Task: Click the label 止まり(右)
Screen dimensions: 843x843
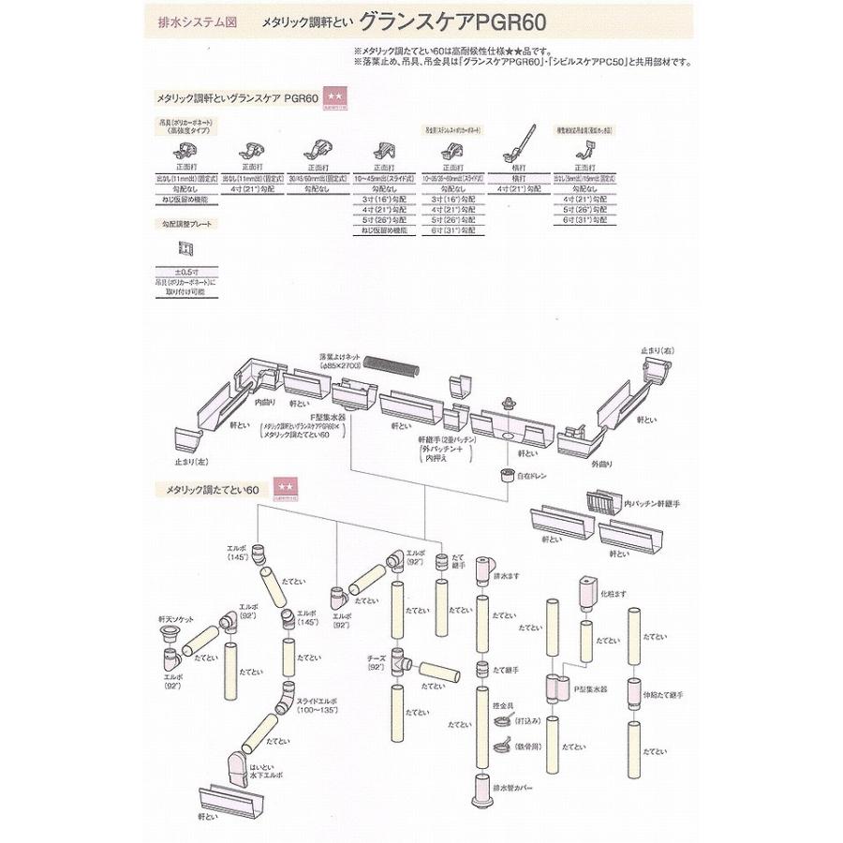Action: (x=658, y=348)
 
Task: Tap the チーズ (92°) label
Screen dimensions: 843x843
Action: (x=378, y=662)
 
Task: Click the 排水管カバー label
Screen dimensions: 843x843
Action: (x=516, y=789)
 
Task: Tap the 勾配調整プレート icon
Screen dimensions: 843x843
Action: (x=185, y=248)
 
